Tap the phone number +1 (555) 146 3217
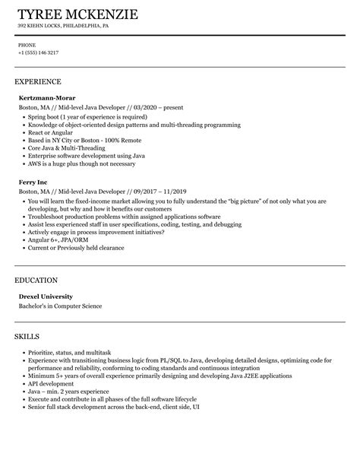(x=38, y=53)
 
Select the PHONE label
(x=27, y=45)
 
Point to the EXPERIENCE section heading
(x=37, y=81)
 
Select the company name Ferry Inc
(x=33, y=182)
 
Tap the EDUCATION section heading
(x=36, y=280)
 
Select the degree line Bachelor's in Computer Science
(x=60, y=306)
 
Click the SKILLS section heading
(x=27, y=335)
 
